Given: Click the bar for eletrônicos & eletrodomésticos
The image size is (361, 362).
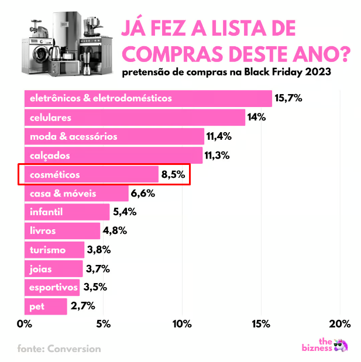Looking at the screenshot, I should point(147,98).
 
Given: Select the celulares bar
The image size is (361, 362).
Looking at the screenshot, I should point(134,118).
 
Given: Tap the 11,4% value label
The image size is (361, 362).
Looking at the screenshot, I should point(219,137).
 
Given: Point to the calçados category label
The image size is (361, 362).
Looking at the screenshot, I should point(50,156).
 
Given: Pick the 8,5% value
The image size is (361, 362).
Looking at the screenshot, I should point(173,175).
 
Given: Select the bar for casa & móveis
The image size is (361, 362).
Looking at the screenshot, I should point(76,194).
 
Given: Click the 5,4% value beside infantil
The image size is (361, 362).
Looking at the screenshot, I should point(124,212).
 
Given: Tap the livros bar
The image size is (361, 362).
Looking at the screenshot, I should point(62,230).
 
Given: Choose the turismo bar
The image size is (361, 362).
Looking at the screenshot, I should point(54,250).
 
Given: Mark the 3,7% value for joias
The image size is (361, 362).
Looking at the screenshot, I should point(98,269).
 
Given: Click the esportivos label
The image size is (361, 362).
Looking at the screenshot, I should point(53,288).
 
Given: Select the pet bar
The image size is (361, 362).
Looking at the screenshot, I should point(46,306).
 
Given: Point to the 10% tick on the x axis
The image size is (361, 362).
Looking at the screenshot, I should point(182,324).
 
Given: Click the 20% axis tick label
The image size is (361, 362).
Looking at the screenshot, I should point(339,324).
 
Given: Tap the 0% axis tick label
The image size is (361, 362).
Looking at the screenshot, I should point(25,324).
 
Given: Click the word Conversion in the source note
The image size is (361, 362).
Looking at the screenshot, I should point(75,349).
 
